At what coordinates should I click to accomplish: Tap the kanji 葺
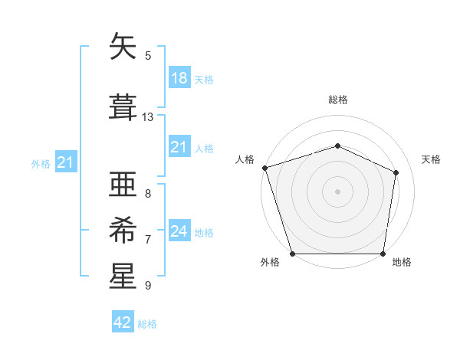tap(123, 106)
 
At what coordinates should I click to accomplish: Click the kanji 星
tap(123, 277)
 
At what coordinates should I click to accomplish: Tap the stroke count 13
tap(148, 117)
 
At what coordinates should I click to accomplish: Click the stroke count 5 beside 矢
tap(148, 56)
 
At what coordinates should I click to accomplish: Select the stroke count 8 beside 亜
tap(148, 194)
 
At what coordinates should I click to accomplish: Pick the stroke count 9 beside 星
tap(148, 286)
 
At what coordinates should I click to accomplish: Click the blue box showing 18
tap(179, 78)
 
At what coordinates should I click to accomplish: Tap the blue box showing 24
tap(179, 231)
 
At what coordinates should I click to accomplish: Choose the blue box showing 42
tap(123, 322)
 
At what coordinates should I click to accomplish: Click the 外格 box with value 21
tap(65, 162)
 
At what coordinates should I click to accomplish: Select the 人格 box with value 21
tap(179, 147)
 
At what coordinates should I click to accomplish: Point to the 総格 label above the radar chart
tap(338, 100)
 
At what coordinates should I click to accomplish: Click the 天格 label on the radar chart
tap(432, 159)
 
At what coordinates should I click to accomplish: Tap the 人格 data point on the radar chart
tap(264, 168)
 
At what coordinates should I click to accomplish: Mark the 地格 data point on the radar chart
tap(383, 254)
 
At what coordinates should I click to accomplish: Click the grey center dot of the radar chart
tap(338, 191)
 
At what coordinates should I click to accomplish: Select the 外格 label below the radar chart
tap(270, 263)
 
